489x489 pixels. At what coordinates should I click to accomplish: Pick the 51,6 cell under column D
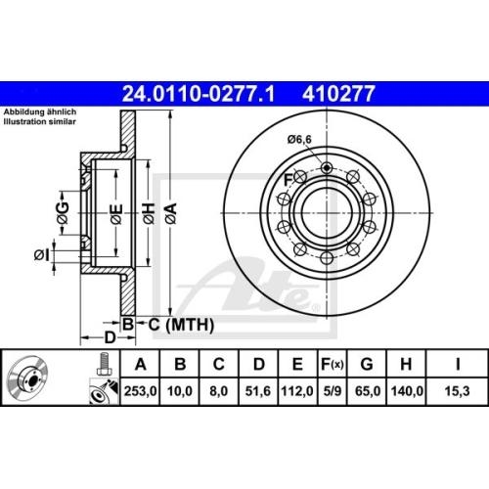(x=258, y=390)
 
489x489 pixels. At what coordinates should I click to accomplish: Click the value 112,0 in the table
(x=297, y=390)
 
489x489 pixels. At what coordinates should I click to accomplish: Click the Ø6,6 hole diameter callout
(x=300, y=141)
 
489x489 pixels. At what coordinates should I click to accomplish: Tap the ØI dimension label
(x=40, y=255)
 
